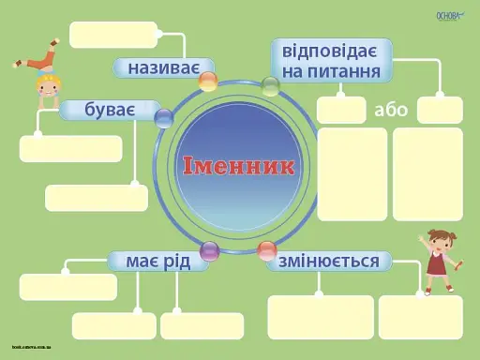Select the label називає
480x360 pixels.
(161, 67)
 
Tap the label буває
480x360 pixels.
(110, 111)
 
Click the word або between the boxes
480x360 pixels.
(391, 110)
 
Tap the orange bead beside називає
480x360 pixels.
(208, 82)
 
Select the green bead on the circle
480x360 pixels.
(270, 86)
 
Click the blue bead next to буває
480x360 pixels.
(164, 118)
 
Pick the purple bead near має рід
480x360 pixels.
(210, 251)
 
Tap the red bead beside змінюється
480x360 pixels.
(267, 250)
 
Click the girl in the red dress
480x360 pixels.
(437, 258)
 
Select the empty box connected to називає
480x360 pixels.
(113, 35)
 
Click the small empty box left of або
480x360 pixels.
(341, 110)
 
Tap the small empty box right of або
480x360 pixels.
(440, 110)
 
